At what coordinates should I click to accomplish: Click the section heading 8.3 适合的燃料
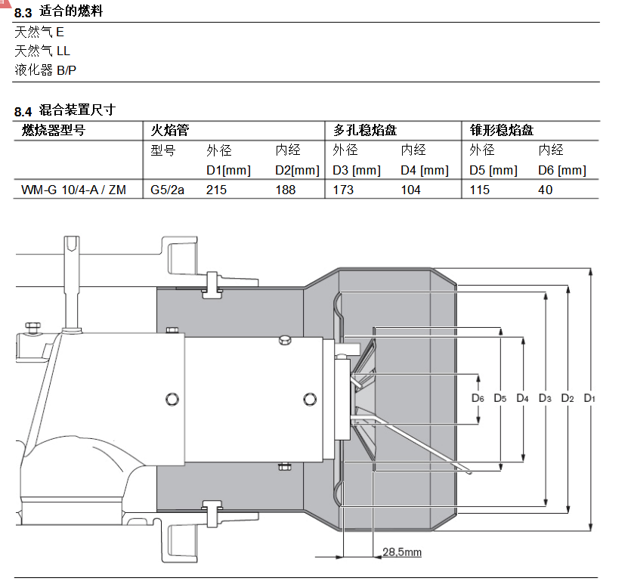tap(60, 12)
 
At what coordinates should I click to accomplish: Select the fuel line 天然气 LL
tap(42, 51)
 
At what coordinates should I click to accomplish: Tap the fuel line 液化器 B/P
tap(45, 70)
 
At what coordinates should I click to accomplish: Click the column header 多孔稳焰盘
tap(365, 130)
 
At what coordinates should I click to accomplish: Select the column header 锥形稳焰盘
tap(502, 130)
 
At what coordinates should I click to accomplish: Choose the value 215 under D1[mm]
tap(216, 190)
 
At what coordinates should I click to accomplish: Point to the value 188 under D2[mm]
tap(286, 190)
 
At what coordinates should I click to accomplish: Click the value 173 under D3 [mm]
tap(343, 190)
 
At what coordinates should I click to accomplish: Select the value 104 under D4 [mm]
tap(411, 190)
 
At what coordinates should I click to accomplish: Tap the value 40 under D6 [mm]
tap(546, 190)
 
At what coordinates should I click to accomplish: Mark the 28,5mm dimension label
tap(402, 552)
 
